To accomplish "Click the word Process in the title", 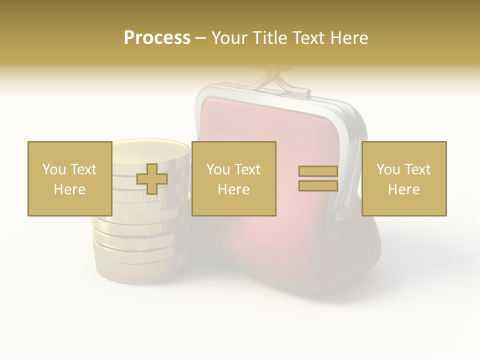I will pos(157,38).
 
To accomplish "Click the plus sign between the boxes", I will pos(152,179).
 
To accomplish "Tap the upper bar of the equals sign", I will pos(318,171).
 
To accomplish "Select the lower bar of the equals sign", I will pos(318,185).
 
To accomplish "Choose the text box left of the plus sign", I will pos(69,178).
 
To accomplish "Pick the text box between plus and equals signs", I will pos(233,178).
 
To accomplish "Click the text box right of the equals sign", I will pos(403,178).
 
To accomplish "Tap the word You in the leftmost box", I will pos(53,169).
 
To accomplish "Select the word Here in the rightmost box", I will pos(403,189).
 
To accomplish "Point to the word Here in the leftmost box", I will pos(69,189).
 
